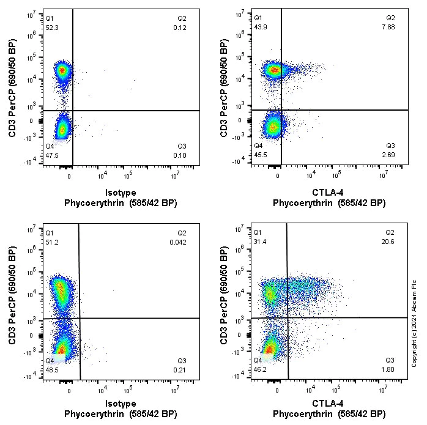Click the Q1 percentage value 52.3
click(51, 28)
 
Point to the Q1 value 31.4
click(262, 242)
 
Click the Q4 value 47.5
click(51, 156)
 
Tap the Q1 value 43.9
click(262, 28)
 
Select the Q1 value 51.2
click(51, 242)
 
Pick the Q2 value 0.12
click(179, 28)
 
